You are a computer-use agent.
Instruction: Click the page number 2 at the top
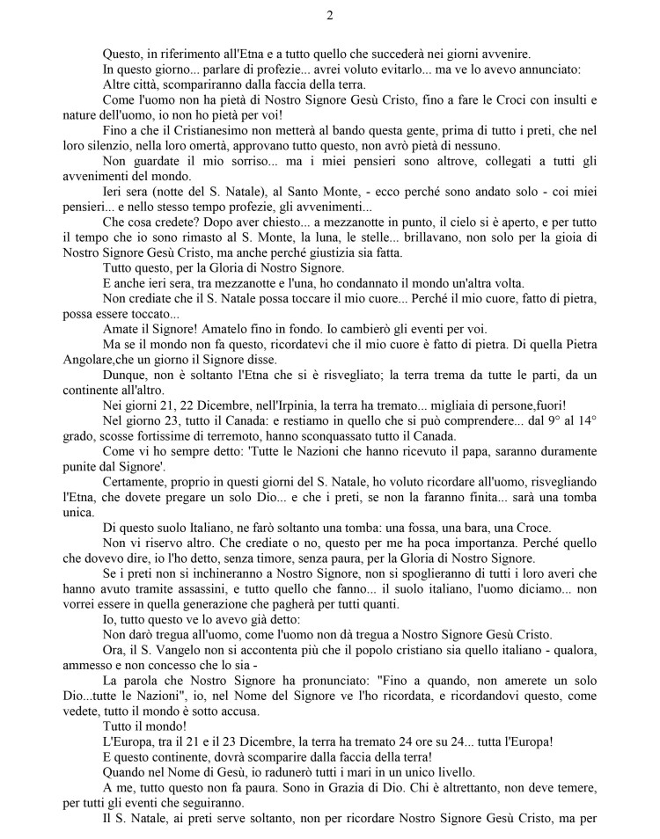[329, 15]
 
